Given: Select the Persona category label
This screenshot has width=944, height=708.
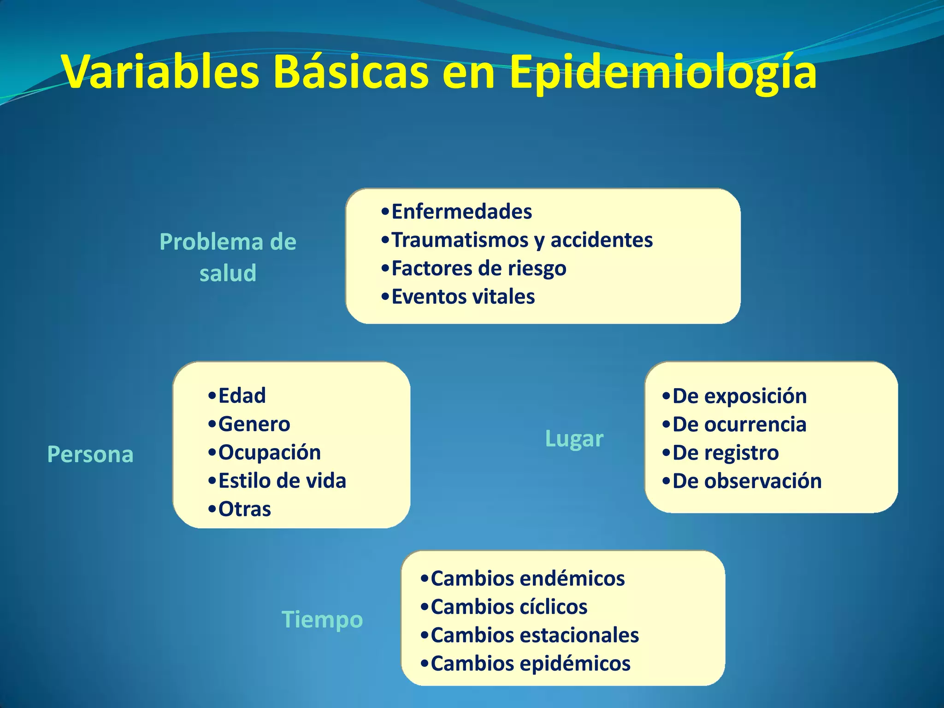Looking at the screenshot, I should pos(90,454).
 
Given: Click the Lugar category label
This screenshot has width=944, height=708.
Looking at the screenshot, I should pos(574,438).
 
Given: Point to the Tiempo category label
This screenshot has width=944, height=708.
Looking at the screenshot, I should pos(322,619).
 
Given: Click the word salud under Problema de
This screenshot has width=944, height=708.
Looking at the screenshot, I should pos(228,273).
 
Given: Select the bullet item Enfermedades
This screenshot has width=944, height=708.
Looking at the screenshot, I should pos(461,212).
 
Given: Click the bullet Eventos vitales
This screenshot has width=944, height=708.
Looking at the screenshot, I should pos(463,296).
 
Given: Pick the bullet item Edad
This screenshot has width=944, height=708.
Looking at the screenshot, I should pos(242,396).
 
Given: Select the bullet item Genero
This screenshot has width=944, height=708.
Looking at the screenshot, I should pos(254,424).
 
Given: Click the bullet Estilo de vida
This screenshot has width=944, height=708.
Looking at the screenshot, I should pos(282,481).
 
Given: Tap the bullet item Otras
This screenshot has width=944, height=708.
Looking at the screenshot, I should pos(244,509).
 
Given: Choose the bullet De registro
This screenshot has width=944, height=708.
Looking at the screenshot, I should pos(726,453).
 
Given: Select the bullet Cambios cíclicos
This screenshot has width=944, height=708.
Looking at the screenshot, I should pos(509,607).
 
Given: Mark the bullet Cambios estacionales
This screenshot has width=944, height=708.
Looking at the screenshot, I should pos(535,635).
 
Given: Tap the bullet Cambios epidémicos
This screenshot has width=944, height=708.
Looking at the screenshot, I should pos(530,664).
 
